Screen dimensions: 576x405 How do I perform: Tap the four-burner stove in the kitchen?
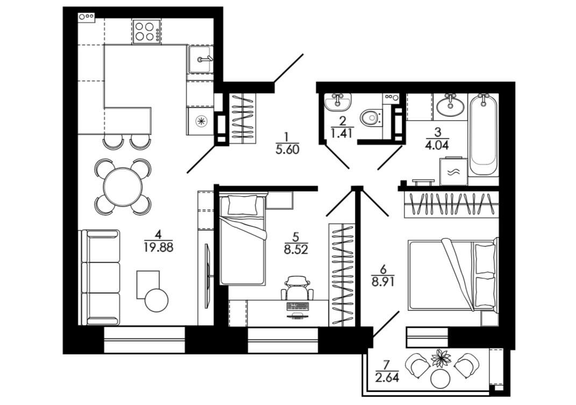(x=147, y=32)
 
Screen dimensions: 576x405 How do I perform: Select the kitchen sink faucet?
(x=204, y=59)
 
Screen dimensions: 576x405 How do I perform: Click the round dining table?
(x=123, y=186)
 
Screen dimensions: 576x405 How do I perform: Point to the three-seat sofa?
(x=100, y=278)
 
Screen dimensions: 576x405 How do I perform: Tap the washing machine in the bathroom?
(x=454, y=172)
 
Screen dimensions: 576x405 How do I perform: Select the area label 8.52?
(x=296, y=249)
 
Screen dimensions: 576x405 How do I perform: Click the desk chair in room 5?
(x=297, y=288)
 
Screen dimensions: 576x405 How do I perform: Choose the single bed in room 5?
(x=242, y=240)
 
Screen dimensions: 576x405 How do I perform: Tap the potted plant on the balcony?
(x=441, y=358)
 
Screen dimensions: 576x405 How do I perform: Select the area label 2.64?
(x=387, y=378)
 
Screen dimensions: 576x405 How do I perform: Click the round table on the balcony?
(x=440, y=379)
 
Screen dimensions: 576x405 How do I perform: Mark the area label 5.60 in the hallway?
(x=287, y=150)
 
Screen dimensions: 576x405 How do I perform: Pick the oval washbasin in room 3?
(x=450, y=105)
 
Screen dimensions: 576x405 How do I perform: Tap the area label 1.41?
(x=343, y=132)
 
